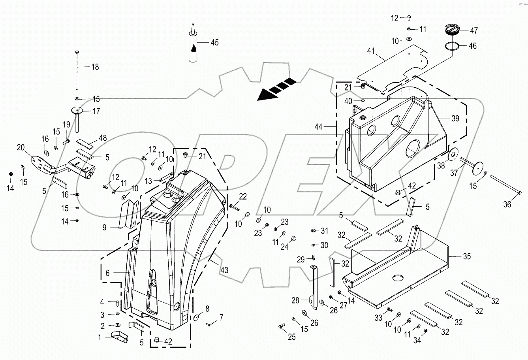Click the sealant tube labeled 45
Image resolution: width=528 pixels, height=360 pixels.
click(193, 45)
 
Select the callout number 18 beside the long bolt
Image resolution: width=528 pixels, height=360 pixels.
click(95, 67)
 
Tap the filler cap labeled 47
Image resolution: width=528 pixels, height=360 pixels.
click(451, 30)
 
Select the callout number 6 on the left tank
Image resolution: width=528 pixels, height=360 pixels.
click(107, 273)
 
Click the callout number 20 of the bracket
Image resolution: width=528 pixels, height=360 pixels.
click(21, 147)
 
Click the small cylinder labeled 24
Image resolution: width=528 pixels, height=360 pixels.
click(294, 238)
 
